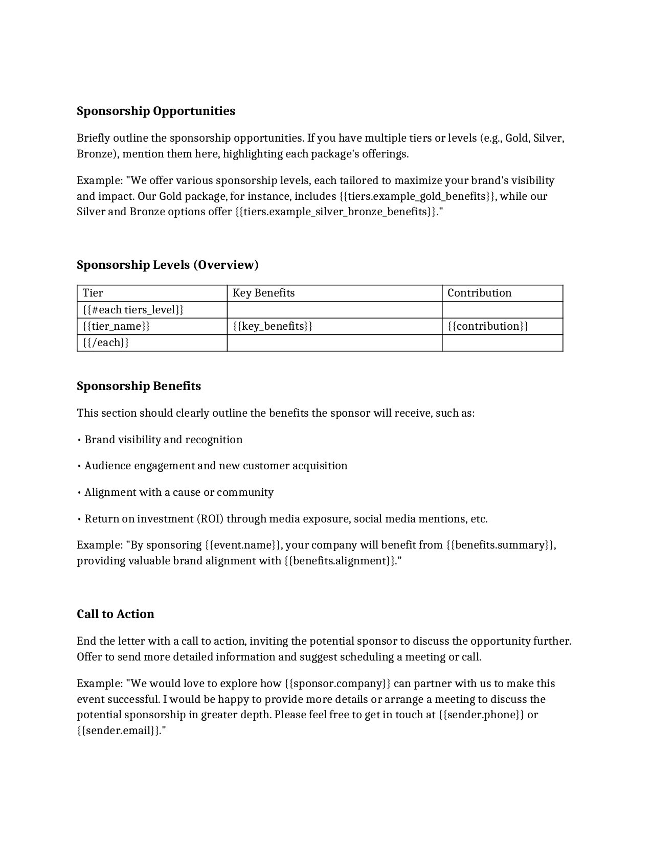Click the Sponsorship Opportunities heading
pyautogui.click(x=156, y=111)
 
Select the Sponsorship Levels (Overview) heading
pyautogui.click(x=168, y=265)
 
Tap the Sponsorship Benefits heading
pyautogui.click(x=139, y=386)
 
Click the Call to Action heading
pyautogui.click(x=116, y=614)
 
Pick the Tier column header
pyautogui.click(x=93, y=293)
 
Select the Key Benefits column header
pyautogui.click(x=264, y=293)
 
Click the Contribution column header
pyautogui.click(x=479, y=293)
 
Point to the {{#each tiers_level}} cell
pyautogui.click(x=133, y=310)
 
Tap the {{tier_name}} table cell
pyautogui.click(x=116, y=326)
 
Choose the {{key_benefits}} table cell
pyautogui.click(x=273, y=326)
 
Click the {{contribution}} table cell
pyautogui.click(x=487, y=326)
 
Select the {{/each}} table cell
pyautogui.click(x=106, y=343)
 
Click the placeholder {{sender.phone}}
pyautogui.click(x=481, y=715)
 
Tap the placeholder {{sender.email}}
pyautogui.click(x=119, y=731)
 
